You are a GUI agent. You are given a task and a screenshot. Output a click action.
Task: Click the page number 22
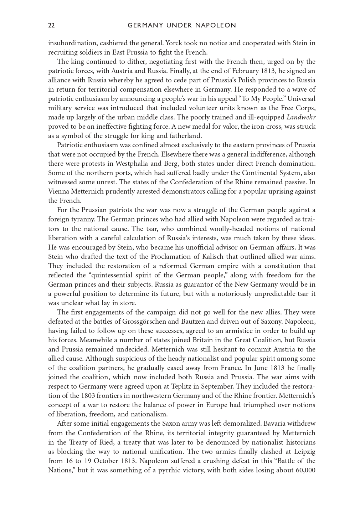[51, 25]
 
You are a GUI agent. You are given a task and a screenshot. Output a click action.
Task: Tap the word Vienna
[59, 191]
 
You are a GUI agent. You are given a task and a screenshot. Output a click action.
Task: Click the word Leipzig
[303, 451]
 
